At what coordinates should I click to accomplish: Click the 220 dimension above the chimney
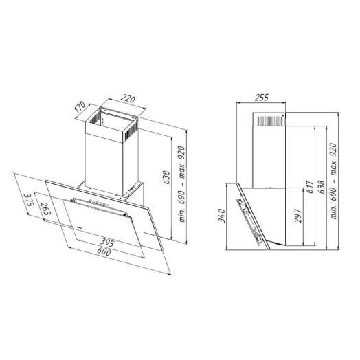tap(128, 99)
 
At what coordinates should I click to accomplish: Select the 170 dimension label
tap(80, 106)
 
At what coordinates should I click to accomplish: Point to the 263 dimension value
tap(45, 209)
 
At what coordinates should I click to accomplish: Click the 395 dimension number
tap(106, 243)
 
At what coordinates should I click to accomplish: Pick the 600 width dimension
tap(104, 251)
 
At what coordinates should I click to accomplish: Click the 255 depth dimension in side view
tap(262, 98)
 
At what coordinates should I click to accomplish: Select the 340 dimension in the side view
tap(221, 216)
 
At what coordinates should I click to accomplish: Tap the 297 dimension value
tap(297, 216)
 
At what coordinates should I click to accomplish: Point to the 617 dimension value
tap(310, 187)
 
